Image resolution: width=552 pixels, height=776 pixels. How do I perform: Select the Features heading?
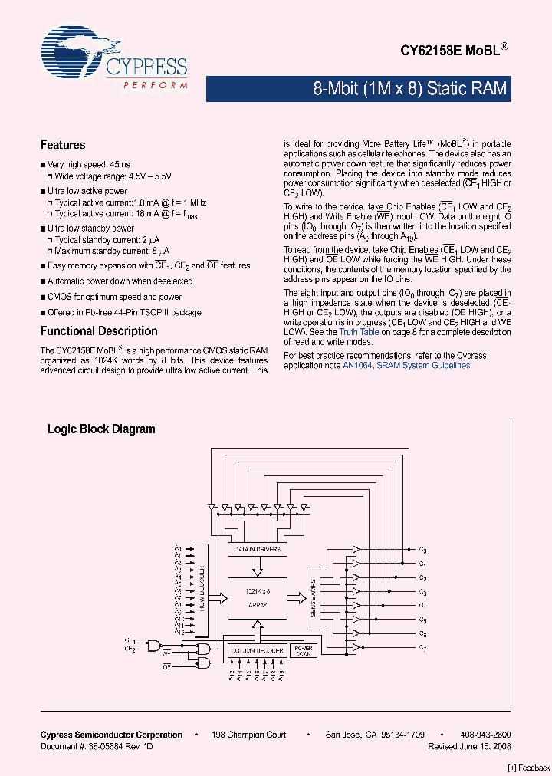click(63, 145)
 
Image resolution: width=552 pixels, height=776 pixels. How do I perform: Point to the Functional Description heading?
click(99, 331)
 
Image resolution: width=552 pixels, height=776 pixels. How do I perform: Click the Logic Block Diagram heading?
click(101, 429)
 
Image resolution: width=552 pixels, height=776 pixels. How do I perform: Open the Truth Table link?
click(359, 332)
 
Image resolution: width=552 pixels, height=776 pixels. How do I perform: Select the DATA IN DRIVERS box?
click(256, 550)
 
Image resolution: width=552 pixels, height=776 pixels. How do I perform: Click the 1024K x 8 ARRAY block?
click(256, 597)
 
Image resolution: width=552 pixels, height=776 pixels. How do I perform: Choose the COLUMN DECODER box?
click(256, 650)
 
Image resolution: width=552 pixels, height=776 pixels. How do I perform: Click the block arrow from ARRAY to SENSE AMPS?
click(295, 593)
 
